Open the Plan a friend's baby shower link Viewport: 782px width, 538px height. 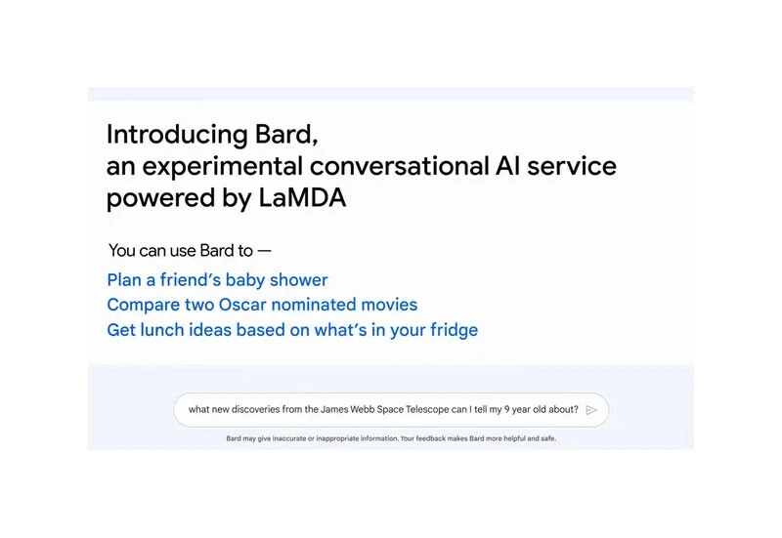(217, 280)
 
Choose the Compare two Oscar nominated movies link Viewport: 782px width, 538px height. (262, 305)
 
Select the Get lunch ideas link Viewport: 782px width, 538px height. (292, 330)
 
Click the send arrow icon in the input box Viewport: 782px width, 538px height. (591, 410)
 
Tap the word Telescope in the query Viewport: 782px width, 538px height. (422, 410)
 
